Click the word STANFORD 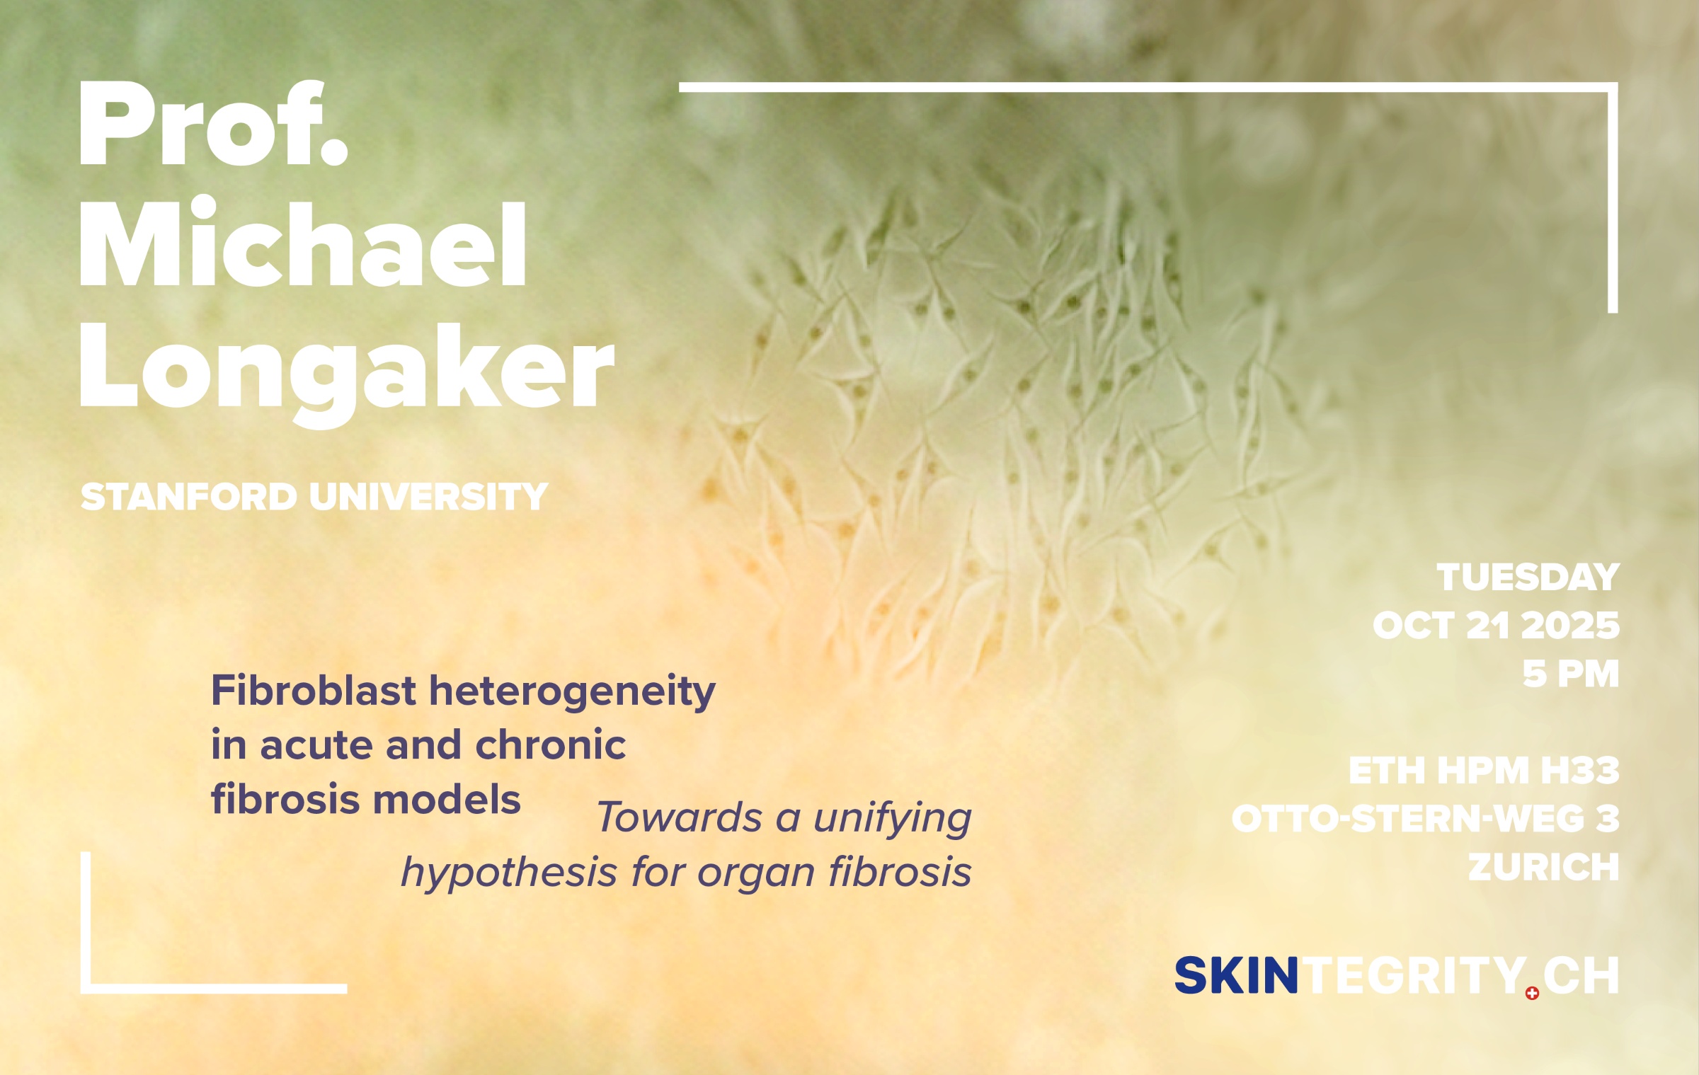(x=189, y=497)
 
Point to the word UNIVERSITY (x=429, y=497)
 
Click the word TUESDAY (x=1528, y=577)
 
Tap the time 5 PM (x=1571, y=674)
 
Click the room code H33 (x=1580, y=771)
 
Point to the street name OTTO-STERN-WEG (x=1407, y=820)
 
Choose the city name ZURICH (x=1544, y=868)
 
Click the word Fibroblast (x=314, y=691)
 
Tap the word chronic (x=551, y=745)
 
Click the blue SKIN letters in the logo (x=1237, y=977)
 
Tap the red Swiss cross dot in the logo (x=1532, y=994)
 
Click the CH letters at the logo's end (x=1581, y=977)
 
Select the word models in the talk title (x=447, y=800)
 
